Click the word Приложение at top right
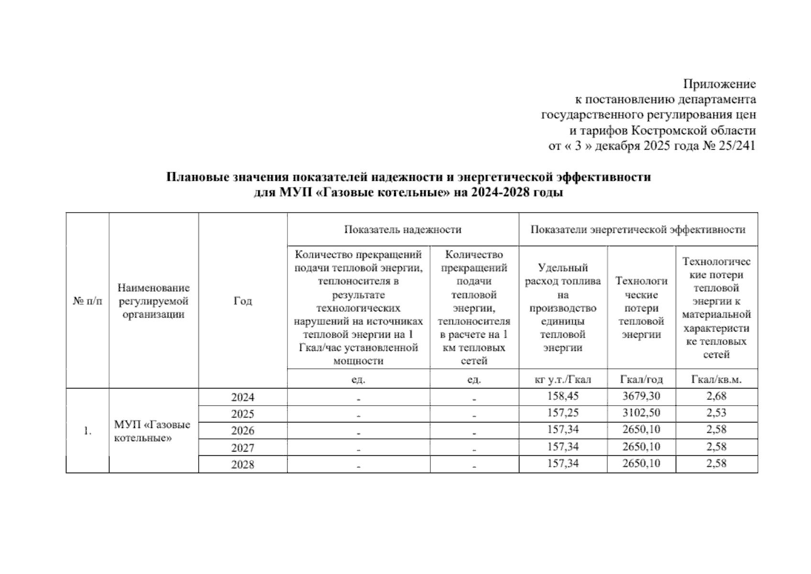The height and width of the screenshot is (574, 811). click(x=719, y=84)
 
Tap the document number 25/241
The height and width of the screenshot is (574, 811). click(x=736, y=146)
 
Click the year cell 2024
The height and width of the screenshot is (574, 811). click(x=242, y=397)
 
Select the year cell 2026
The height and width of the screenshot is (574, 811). click(x=242, y=430)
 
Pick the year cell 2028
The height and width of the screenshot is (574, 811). click(x=242, y=464)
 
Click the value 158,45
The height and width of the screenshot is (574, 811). click(x=563, y=396)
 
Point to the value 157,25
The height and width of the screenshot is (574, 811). click(x=563, y=413)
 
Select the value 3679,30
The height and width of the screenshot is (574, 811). click(x=641, y=396)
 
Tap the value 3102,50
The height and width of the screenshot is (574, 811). click(x=641, y=413)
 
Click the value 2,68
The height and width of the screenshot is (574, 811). click(x=716, y=396)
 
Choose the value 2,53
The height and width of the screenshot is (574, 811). click(x=716, y=413)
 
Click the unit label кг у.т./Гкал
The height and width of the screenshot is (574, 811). click(x=563, y=379)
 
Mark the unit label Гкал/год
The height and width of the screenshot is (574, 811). click(x=641, y=379)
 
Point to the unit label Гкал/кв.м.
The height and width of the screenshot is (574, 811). click(x=716, y=379)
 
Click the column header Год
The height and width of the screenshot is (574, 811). click(x=242, y=301)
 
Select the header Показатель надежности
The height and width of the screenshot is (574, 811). click(x=403, y=230)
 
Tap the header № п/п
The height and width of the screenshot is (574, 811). click(x=88, y=301)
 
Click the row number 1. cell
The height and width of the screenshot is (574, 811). click(x=88, y=431)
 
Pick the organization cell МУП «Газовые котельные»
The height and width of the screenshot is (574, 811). click(x=152, y=431)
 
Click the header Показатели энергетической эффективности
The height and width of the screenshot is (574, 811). click(x=638, y=230)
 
